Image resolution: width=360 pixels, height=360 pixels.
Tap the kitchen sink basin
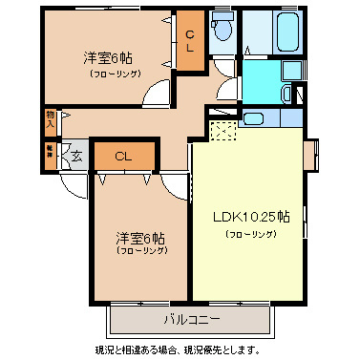[253, 118]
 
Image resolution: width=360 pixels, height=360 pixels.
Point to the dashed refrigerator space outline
[222, 132]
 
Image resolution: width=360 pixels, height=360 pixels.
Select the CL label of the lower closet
[123, 156]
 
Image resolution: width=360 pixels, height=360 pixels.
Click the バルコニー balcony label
[191, 318]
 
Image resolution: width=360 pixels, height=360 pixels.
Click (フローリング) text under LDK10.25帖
[250, 233]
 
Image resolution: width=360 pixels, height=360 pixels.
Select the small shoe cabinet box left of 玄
[51, 151]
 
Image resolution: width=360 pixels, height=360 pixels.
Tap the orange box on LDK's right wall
[309, 154]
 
